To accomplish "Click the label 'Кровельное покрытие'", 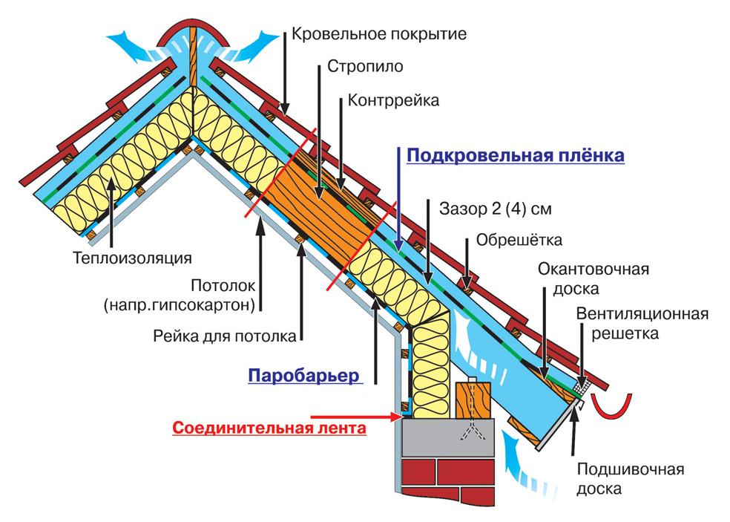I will point(378,33).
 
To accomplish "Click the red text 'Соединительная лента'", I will point(269,428).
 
